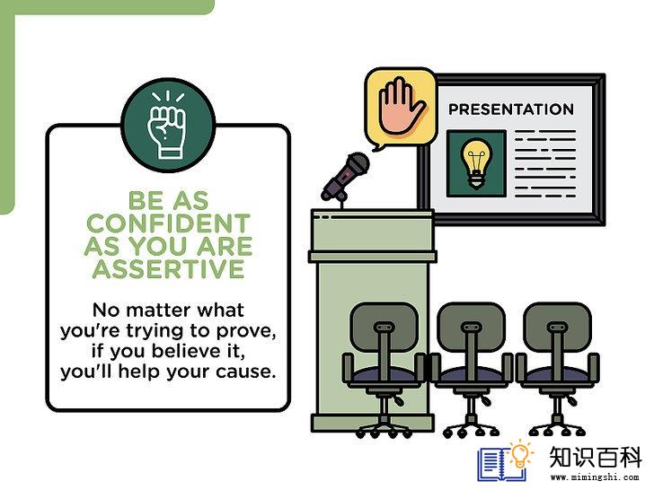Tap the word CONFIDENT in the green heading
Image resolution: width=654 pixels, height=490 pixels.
pos(168,223)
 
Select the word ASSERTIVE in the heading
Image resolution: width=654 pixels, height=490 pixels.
pos(168,268)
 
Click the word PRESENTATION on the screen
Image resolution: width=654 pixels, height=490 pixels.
pos(511,109)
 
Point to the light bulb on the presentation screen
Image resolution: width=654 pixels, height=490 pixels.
pos(476,163)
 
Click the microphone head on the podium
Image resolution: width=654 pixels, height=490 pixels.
pos(357,163)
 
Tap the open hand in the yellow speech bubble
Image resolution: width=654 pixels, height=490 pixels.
pos(401,106)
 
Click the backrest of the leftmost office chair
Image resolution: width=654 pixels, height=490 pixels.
pos(384,327)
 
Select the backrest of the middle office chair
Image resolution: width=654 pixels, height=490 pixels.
pos(471,327)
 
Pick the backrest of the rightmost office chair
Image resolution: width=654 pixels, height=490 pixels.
pos(557,327)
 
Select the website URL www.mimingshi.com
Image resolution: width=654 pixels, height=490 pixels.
pos(595,477)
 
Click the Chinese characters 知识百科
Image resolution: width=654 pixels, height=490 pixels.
pos(595,457)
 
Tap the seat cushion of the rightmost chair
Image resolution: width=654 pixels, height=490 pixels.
pos(557,374)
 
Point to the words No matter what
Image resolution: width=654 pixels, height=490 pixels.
pos(168,310)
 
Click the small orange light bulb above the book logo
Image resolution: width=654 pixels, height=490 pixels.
pos(520,455)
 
